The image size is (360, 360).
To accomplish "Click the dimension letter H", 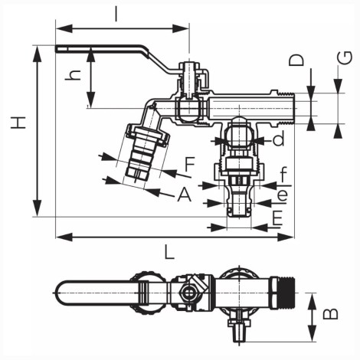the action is coord(18,123).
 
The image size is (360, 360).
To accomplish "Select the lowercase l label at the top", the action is coord(116,14).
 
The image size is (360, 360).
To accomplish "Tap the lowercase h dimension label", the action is coord(73,75).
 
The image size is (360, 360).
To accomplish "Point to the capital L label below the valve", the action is coord(169,252).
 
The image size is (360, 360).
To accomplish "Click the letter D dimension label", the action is coord(296,61).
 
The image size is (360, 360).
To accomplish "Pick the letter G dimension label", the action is coord(345,58).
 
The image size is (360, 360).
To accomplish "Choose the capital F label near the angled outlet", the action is coord(190,164).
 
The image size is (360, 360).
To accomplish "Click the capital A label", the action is coord(185,195).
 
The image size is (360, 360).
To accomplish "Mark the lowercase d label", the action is coord(278,138).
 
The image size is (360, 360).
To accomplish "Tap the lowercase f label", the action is coord(283,174).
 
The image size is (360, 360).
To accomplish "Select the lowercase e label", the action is coord(283,195).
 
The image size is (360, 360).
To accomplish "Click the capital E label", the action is coord(277,218).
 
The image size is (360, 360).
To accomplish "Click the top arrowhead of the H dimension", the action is coord(38,54).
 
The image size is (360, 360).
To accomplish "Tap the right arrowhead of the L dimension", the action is coord(286,237).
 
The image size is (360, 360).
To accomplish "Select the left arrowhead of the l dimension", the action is coord(64,28).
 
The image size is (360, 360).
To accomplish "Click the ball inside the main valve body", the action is coord(189,109).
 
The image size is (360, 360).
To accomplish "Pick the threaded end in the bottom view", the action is coord(286,292).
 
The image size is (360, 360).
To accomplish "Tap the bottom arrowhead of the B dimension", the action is coord(312,333).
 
